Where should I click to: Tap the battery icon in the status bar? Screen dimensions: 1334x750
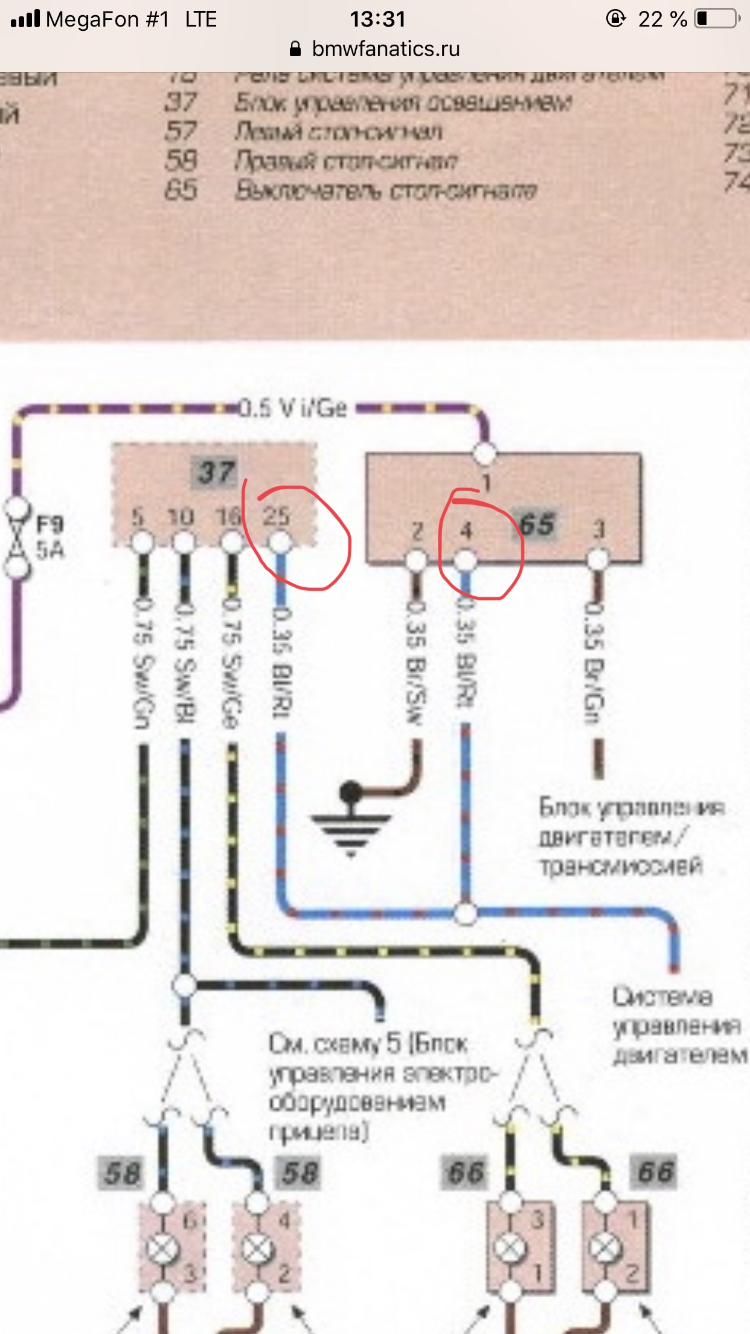pyautogui.click(x=717, y=19)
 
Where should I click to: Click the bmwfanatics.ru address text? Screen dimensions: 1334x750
pyautogui.click(x=386, y=49)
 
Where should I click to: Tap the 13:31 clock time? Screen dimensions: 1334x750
pyautogui.click(x=377, y=19)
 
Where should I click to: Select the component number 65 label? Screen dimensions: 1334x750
pyautogui.click(x=537, y=524)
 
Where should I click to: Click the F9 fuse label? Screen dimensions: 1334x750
pyautogui.click(x=50, y=524)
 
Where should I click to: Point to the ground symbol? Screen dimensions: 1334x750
pyautogui.click(x=350, y=822)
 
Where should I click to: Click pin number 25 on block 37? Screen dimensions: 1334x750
pyautogui.click(x=277, y=517)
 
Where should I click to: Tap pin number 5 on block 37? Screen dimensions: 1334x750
pyautogui.click(x=138, y=517)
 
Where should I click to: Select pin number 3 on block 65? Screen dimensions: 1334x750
pyautogui.click(x=598, y=530)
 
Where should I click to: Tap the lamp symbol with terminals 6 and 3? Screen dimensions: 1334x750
pyautogui.click(x=162, y=1249)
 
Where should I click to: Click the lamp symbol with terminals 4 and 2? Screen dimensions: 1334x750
pyautogui.click(x=257, y=1249)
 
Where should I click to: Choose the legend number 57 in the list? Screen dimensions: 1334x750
pyautogui.click(x=181, y=131)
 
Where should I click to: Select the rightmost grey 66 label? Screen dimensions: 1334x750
pyautogui.click(x=655, y=1173)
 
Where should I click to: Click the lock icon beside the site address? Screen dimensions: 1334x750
pyautogui.click(x=295, y=49)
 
